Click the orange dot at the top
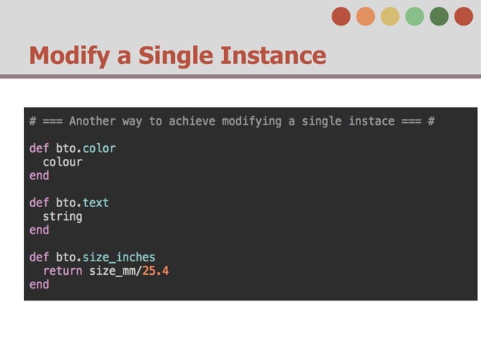click(366, 17)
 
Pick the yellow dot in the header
click(390, 17)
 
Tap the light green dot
click(415, 17)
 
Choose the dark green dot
click(439, 17)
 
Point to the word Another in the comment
click(92, 121)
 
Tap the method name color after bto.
click(99, 148)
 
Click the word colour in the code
click(63, 162)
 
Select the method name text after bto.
click(96, 203)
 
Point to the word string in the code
click(63, 216)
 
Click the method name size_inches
click(118, 258)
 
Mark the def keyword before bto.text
click(39, 203)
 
